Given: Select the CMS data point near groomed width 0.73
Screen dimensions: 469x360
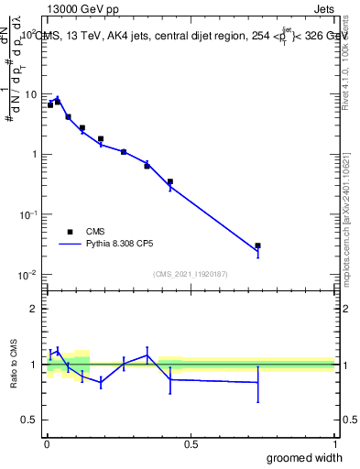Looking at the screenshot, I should coord(258,245).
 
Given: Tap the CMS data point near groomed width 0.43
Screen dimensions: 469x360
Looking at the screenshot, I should coord(170,181).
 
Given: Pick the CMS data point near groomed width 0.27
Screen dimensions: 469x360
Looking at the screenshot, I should coord(124,151).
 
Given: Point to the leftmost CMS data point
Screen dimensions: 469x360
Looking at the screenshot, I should coord(50,104).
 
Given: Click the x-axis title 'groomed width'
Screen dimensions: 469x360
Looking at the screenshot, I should coord(305,457).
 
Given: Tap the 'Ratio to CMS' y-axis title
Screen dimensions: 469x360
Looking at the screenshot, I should coord(14,365).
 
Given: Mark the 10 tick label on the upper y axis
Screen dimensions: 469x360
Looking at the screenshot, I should coord(32,94).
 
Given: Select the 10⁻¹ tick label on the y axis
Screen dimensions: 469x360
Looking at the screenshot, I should coord(28,213).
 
